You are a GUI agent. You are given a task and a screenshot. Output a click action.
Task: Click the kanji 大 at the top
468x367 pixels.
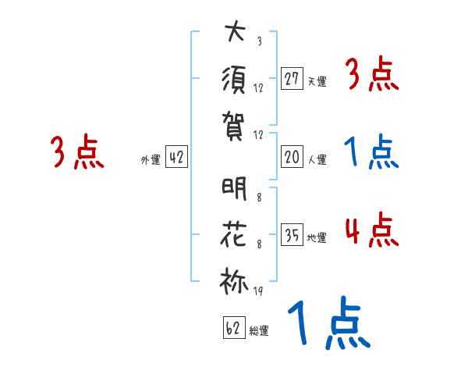234,34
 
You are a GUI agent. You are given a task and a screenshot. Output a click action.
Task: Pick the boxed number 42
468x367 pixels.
176,157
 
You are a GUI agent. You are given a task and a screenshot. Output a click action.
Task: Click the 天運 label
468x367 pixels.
317,81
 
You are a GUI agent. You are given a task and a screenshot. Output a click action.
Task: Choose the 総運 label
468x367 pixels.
259,331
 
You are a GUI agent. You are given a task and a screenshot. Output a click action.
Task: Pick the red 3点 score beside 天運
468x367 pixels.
371,76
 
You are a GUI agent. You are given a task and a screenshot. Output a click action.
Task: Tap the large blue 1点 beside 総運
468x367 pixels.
328,323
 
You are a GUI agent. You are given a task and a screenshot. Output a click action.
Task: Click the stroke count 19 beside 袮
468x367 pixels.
258,291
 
